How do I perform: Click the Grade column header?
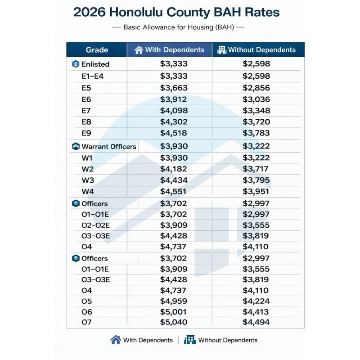97,50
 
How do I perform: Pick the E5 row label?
86,88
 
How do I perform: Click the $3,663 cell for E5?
174,88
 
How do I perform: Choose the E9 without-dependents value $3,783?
256,134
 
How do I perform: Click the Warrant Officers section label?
108,147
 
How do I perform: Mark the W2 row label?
88,169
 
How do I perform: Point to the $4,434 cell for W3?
174,180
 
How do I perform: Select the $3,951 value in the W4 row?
256,192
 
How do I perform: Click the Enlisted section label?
95,64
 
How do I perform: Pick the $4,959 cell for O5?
174,301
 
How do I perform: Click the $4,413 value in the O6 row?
256,312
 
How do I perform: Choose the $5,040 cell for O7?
174,322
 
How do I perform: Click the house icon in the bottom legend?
116,340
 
